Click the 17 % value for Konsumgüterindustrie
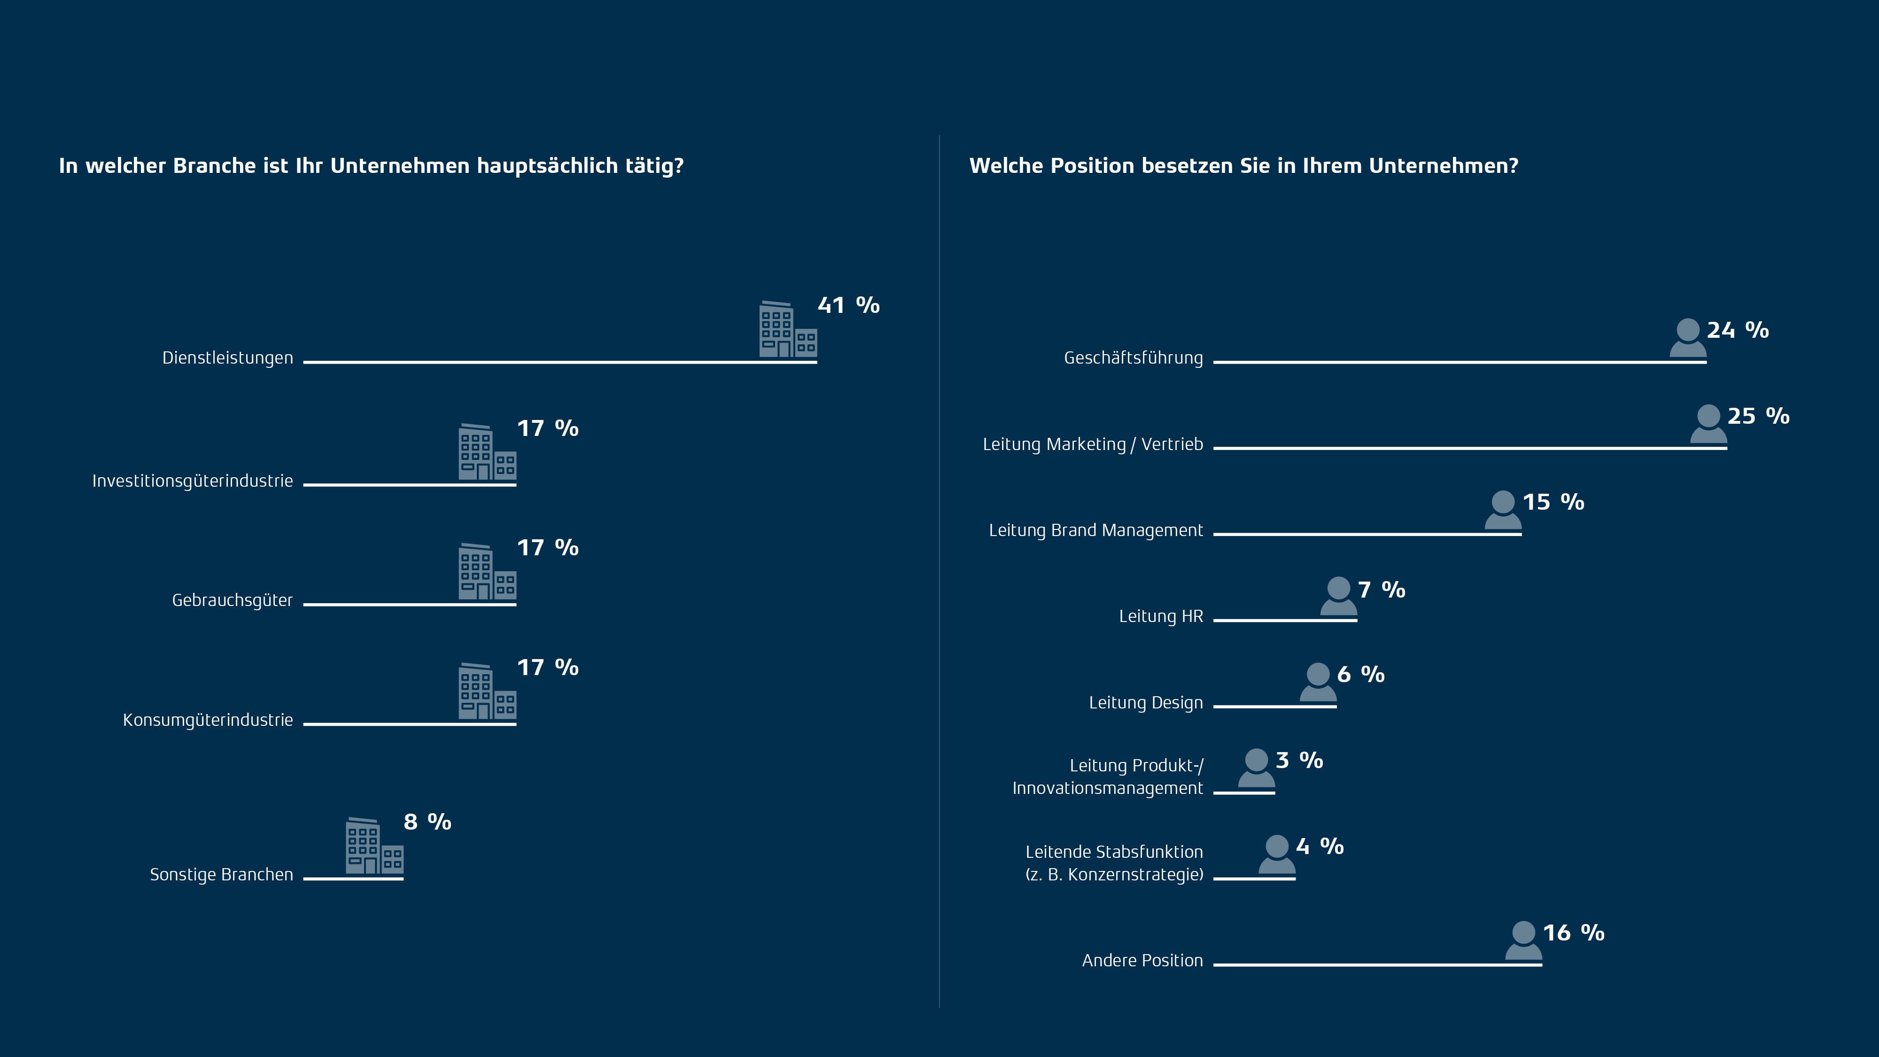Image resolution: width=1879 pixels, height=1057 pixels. [x=547, y=668]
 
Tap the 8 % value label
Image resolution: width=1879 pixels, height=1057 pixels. [x=427, y=822]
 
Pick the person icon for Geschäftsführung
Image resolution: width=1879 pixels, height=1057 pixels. [x=1688, y=338]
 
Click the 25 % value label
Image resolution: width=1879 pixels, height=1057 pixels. [x=1758, y=417]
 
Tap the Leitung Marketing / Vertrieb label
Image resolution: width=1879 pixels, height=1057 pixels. [x=1093, y=444]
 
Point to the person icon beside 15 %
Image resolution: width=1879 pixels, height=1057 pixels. [x=1503, y=510]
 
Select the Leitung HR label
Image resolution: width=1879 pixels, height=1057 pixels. [x=1160, y=616]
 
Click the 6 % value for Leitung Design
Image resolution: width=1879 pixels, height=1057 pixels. [x=1360, y=675]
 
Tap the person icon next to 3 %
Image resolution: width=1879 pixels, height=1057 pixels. [x=1256, y=768]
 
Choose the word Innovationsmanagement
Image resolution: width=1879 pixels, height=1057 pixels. [x=1107, y=789]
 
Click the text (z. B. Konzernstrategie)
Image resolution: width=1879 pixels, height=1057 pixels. [x=1114, y=875]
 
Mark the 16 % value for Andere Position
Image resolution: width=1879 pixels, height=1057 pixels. [x=1573, y=933]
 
